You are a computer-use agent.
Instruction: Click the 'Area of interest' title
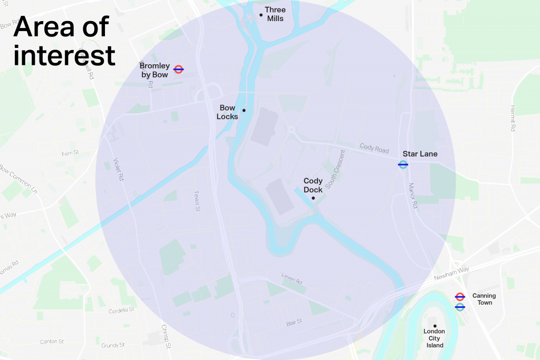click(x=64, y=41)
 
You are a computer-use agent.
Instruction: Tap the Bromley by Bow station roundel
click(x=178, y=69)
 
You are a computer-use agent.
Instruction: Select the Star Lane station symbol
click(x=403, y=164)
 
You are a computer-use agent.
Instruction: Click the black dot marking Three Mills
click(x=261, y=15)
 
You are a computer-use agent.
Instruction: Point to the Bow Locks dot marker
click(x=244, y=110)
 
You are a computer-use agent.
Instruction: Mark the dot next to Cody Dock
click(x=313, y=198)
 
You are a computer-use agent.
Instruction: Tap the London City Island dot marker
click(x=435, y=326)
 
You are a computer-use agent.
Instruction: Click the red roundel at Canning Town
click(x=460, y=297)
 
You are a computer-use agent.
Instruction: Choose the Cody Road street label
click(x=374, y=148)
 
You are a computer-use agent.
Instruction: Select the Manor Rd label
click(x=413, y=196)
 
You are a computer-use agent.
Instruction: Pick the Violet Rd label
click(x=119, y=170)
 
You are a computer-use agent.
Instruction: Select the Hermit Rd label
click(x=512, y=118)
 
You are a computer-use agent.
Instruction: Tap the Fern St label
click(x=70, y=153)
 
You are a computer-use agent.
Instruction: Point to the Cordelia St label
click(x=122, y=310)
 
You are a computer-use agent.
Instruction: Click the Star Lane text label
click(x=420, y=154)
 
